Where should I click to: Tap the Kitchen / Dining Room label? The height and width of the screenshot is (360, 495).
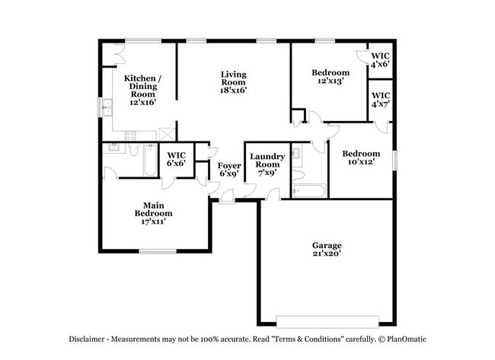click(142, 90)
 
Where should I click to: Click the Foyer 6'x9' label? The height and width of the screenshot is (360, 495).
click(228, 169)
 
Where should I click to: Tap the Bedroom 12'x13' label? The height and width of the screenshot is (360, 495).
click(330, 78)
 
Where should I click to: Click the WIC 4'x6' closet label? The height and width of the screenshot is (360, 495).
click(379, 60)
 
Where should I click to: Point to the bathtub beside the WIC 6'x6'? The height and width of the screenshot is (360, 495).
click(145, 161)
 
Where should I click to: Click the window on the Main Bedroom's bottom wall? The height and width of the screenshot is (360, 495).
click(157, 252)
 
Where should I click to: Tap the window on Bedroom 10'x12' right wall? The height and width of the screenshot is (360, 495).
click(395, 161)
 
